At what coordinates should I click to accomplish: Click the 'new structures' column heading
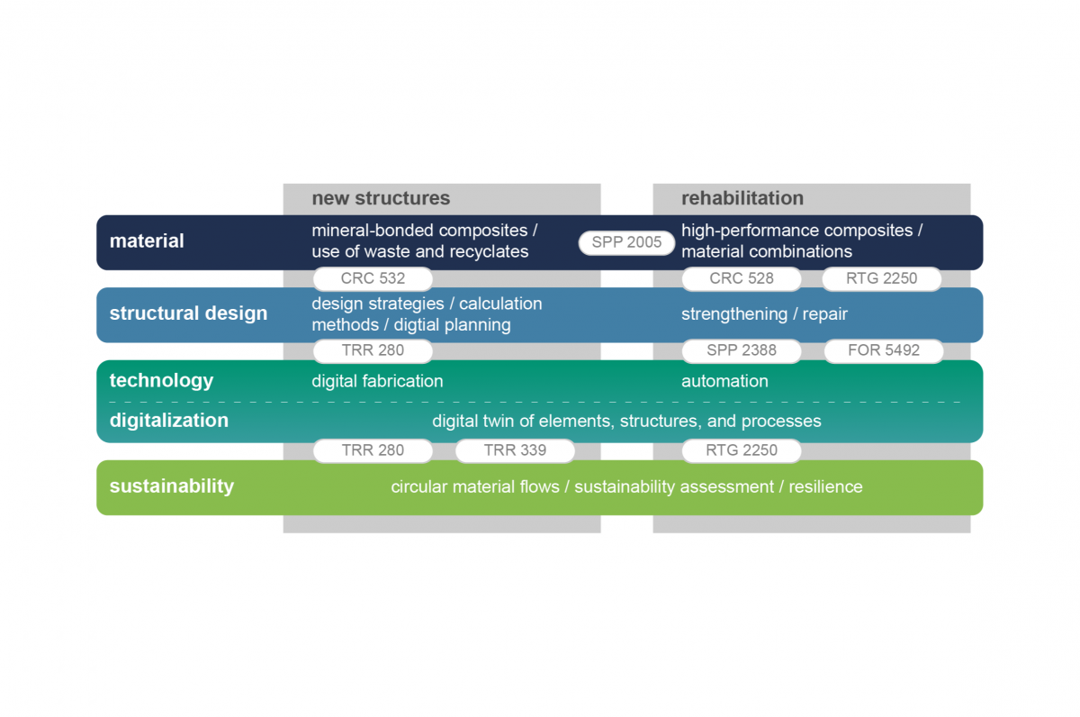pyautogui.click(x=381, y=198)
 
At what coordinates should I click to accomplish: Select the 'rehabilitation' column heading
pyautogui.click(x=742, y=198)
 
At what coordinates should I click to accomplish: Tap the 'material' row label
pyautogui.click(x=147, y=241)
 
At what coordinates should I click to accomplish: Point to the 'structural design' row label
pyautogui.click(x=188, y=313)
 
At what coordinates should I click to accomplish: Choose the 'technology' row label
pyautogui.click(x=161, y=380)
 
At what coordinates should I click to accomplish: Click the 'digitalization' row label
pyautogui.click(x=169, y=421)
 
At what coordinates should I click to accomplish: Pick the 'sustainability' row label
pyautogui.click(x=172, y=486)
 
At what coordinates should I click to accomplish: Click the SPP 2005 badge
pyautogui.click(x=626, y=242)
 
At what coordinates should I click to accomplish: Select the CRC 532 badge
pyautogui.click(x=373, y=278)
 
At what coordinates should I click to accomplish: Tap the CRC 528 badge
pyautogui.click(x=742, y=278)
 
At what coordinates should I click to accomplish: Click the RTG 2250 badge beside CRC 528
pyautogui.click(x=882, y=278)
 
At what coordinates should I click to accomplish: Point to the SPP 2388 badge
pyautogui.click(x=742, y=350)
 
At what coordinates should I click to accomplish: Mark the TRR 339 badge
pyautogui.click(x=515, y=450)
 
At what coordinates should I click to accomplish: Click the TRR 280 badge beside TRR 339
pyautogui.click(x=373, y=450)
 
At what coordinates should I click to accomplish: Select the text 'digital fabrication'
pyautogui.click(x=377, y=381)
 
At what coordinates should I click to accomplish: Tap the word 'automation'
pyautogui.click(x=724, y=381)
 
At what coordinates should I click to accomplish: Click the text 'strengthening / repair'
pyautogui.click(x=764, y=314)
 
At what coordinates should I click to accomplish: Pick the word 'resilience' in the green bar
pyautogui.click(x=825, y=487)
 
